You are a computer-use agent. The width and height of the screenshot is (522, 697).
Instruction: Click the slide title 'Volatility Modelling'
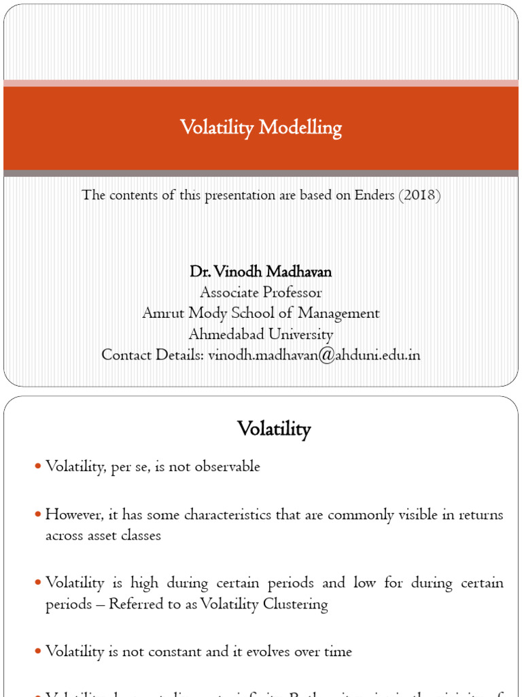[261, 128]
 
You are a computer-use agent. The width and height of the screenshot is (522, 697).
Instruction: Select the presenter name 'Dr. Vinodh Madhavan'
[261, 272]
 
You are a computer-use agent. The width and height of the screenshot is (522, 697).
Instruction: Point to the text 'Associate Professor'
[261, 293]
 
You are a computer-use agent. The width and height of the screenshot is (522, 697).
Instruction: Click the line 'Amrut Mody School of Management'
[261, 313]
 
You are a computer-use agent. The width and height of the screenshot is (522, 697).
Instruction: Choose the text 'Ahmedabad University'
[261, 334]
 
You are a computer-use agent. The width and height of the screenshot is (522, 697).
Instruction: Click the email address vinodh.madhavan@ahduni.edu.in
[314, 355]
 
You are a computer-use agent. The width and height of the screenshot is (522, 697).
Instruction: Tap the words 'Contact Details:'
[153, 355]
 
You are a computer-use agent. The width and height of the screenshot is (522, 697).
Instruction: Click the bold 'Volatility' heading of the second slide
[274, 429]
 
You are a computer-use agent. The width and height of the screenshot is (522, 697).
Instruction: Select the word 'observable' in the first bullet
[226, 467]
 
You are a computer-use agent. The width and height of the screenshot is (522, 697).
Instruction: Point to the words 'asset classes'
[103, 535]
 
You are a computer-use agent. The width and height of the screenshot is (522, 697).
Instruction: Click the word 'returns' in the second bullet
[481, 515]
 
